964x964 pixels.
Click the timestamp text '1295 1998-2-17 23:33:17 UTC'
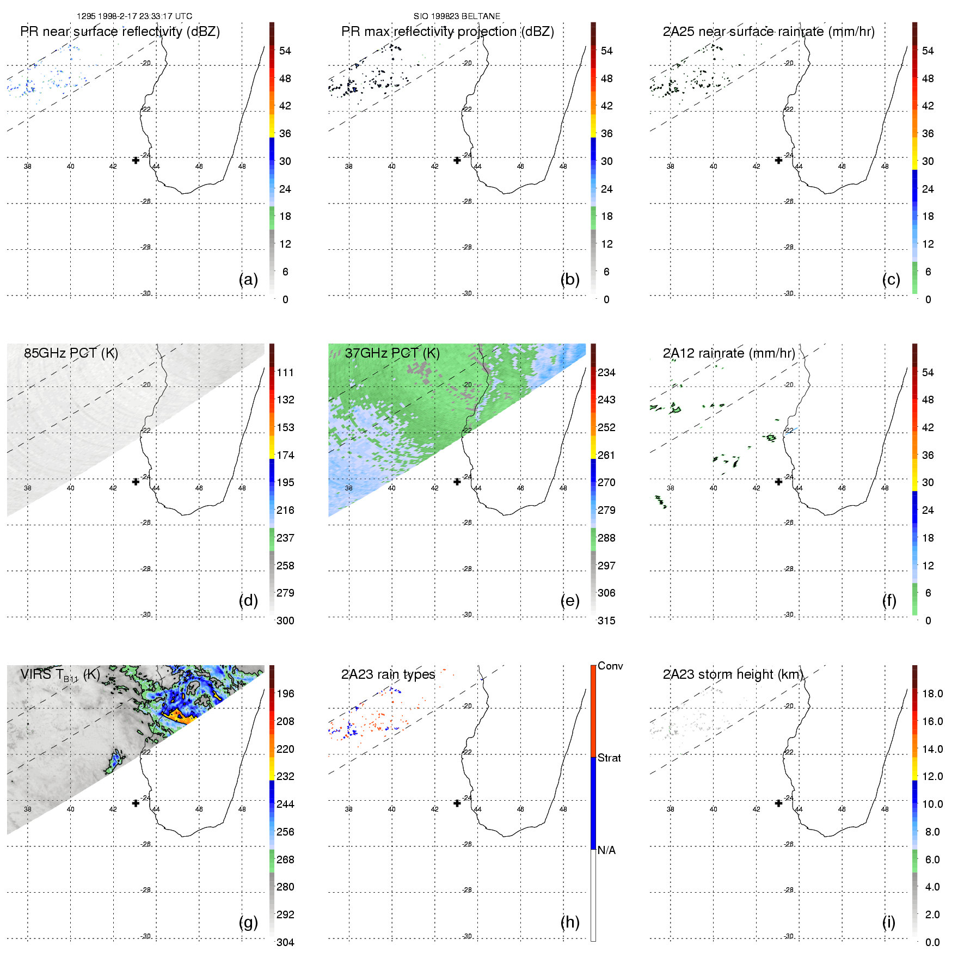click(134, 16)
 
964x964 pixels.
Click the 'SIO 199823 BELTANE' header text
click(457, 16)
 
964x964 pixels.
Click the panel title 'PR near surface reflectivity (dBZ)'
click(120, 32)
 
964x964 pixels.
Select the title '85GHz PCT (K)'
click(71, 353)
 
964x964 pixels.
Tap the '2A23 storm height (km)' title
click(732, 674)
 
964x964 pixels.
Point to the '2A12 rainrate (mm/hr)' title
click(728, 353)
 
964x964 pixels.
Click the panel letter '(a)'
click(248, 279)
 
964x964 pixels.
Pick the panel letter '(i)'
click(888, 922)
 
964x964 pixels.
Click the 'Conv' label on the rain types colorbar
click(610, 666)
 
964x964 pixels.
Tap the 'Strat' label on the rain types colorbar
click(609, 758)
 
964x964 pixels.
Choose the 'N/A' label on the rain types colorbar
click(606, 850)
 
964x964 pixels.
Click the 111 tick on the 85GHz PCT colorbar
click(285, 372)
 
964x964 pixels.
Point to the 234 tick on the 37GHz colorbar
click(606, 372)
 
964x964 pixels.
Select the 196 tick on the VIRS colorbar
click(285, 693)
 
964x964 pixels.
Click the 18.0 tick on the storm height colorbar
click(932, 693)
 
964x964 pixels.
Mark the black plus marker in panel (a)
click(136, 160)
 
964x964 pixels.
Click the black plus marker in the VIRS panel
click(136, 803)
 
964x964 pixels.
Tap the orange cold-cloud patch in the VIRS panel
click(180, 717)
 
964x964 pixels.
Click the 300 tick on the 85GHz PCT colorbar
click(285, 621)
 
